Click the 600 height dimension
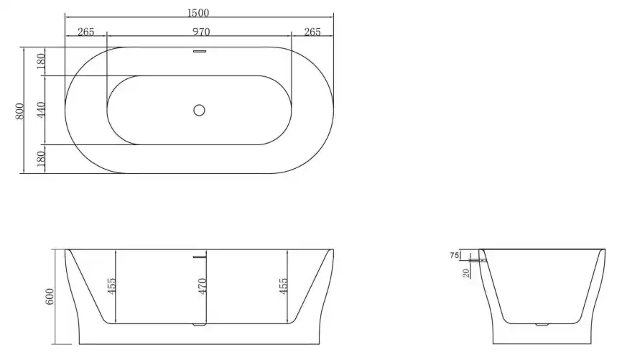[x=50, y=297]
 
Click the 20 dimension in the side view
[x=467, y=272]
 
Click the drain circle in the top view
[x=200, y=110]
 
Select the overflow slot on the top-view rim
[x=200, y=52]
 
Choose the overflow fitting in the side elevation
[x=481, y=255]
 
